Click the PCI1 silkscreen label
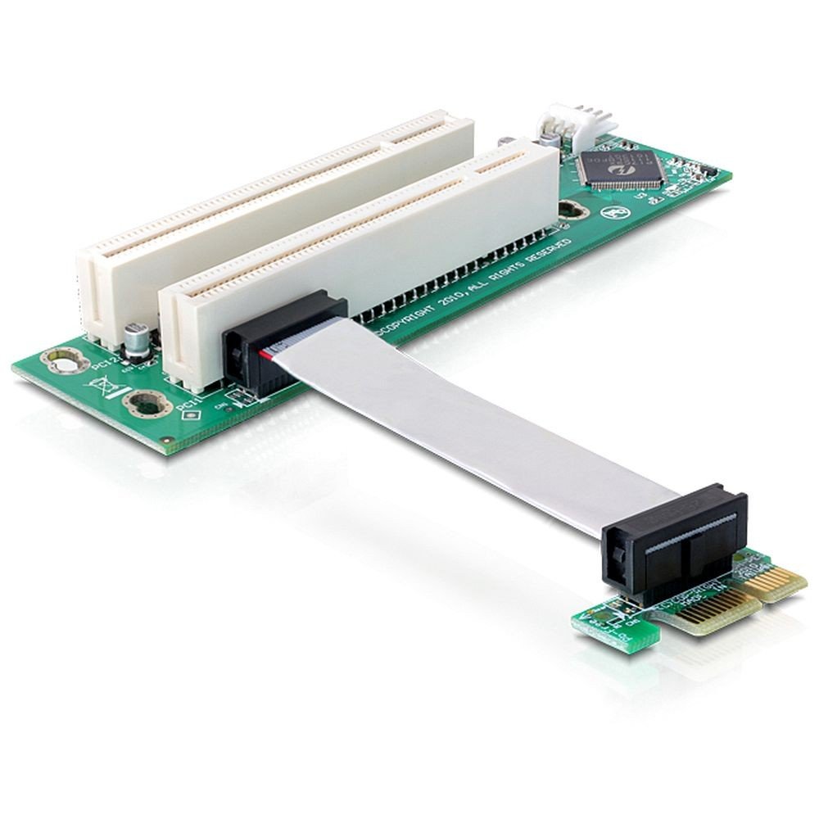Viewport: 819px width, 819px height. (189, 403)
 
